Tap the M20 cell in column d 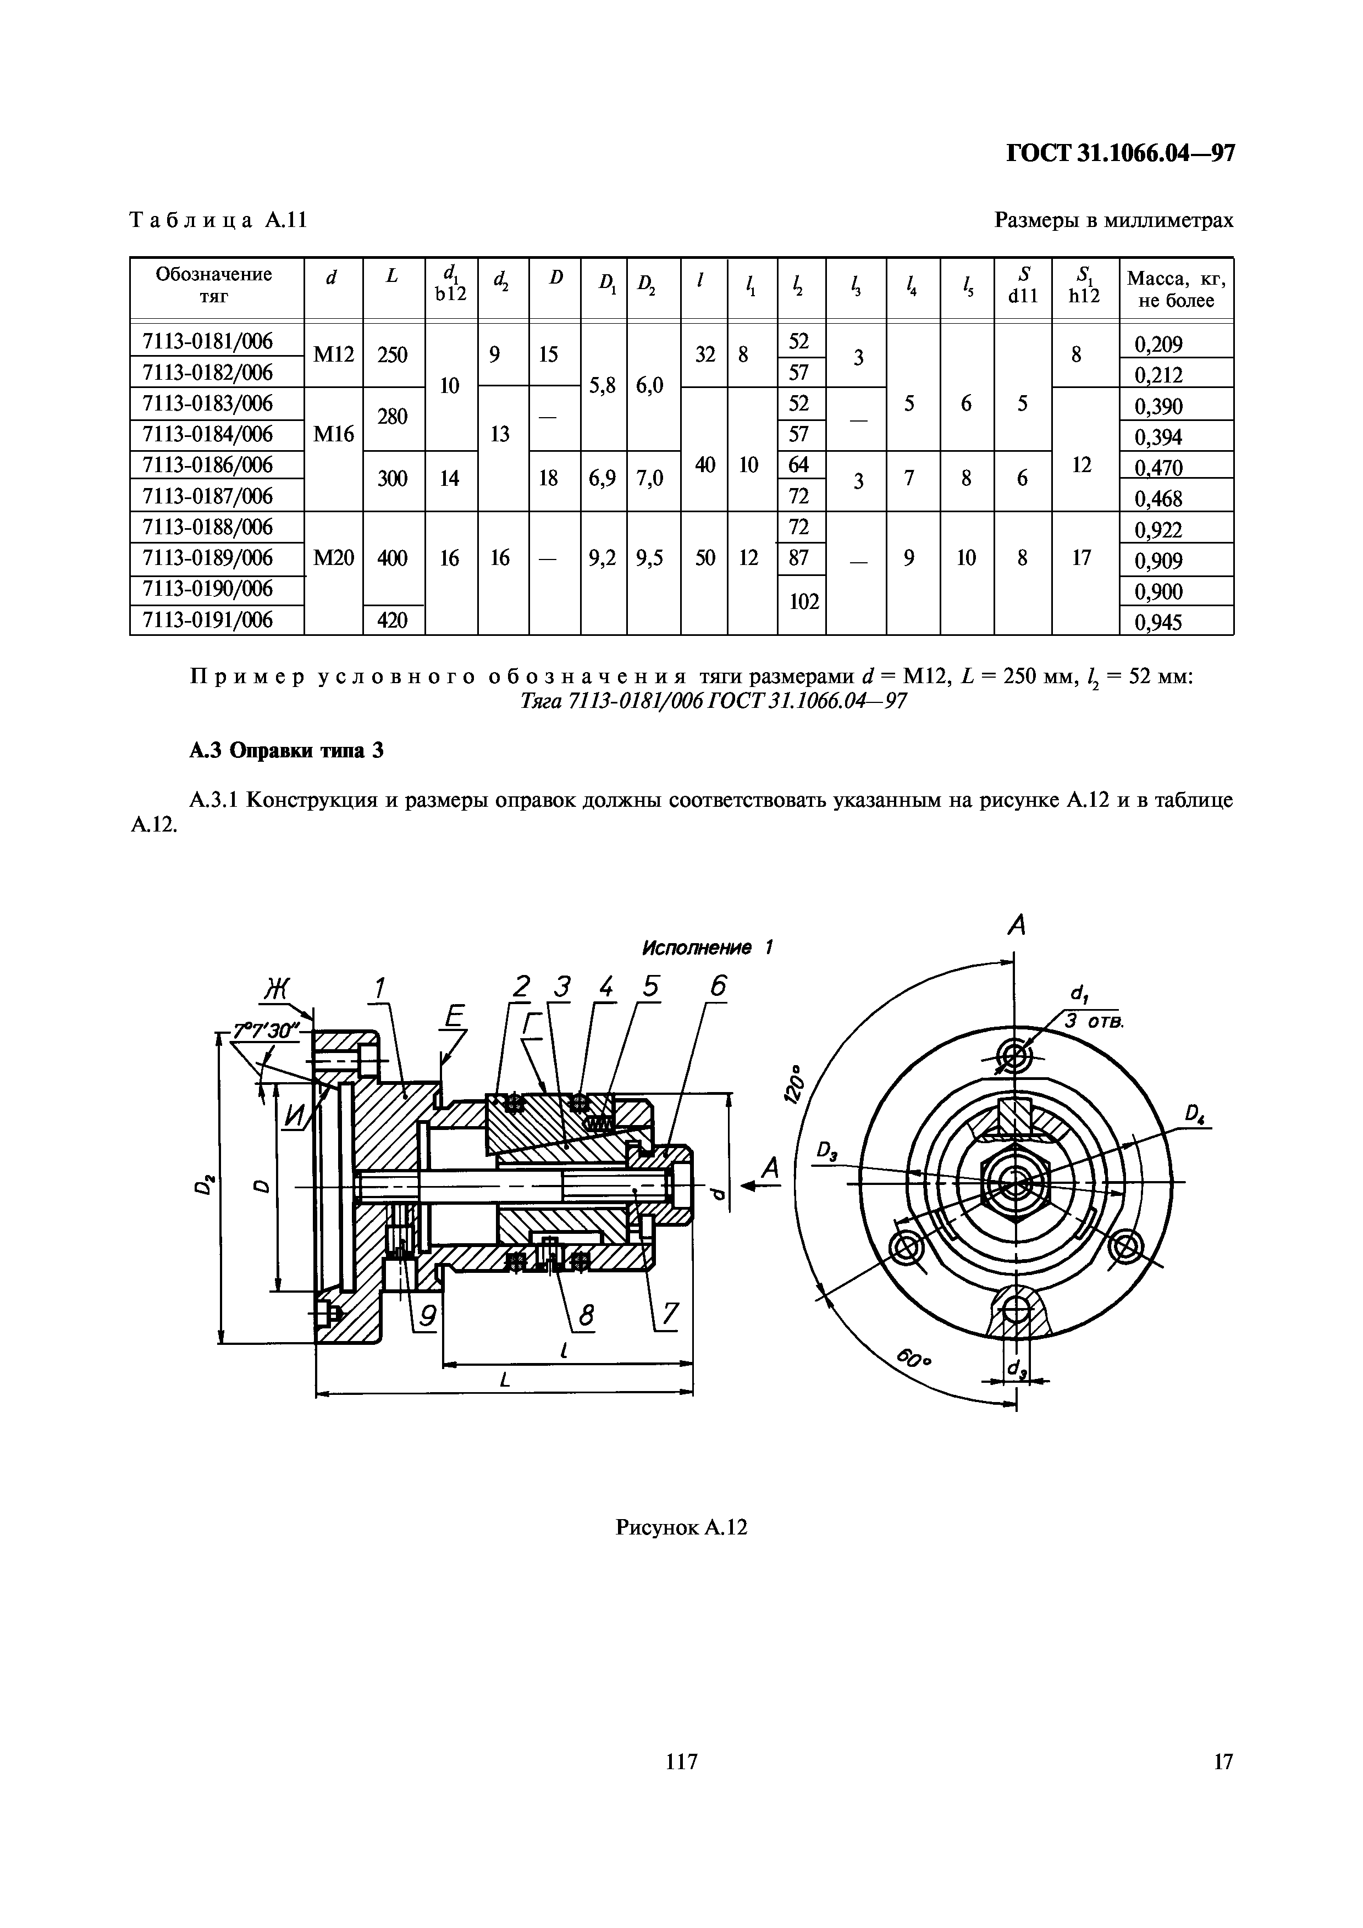tap(333, 558)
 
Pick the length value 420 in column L tap(392, 620)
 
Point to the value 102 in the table tap(804, 601)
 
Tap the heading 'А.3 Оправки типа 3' tap(285, 750)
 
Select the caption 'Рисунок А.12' tap(681, 1527)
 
